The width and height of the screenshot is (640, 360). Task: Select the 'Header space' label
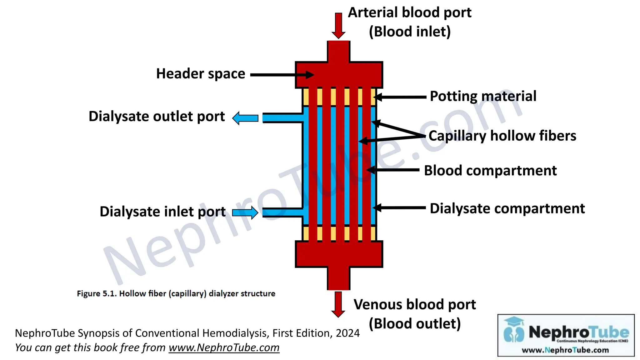(x=201, y=74)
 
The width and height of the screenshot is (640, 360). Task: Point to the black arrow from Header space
(x=281, y=75)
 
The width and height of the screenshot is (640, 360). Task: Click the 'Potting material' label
(x=483, y=96)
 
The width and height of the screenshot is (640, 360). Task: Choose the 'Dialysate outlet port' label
(x=157, y=117)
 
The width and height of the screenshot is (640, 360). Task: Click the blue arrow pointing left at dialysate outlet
(x=245, y=118)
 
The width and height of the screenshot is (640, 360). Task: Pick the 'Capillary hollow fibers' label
(x=502, y=136)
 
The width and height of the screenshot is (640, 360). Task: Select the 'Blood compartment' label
(x=490, y=171)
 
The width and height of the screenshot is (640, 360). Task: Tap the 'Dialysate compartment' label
(x=507, y=208)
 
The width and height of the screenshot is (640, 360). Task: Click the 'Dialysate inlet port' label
(x=162, y=212)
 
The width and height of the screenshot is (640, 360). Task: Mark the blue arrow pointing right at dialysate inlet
(x=245, y=212)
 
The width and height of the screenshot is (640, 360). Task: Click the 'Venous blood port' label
(x=414, y=305)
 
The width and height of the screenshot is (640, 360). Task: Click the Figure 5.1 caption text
(x=176, y=294)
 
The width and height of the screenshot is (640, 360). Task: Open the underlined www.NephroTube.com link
(x=224, y=348)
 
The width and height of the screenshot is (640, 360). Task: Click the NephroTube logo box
(x=566, y=335)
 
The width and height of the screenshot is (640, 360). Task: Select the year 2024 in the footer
(x=347, y=333)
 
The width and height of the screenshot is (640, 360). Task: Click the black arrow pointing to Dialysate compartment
(x=400, y=207)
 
